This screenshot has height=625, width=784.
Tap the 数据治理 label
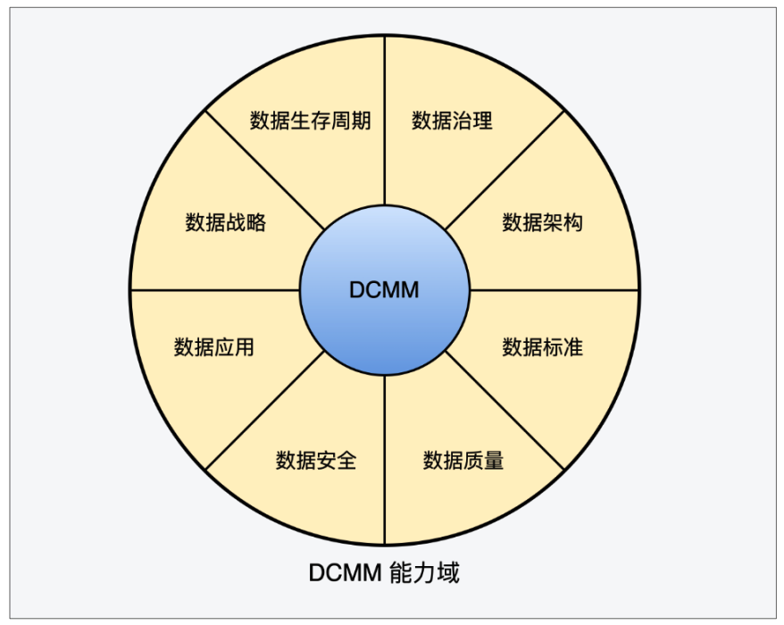(x=452, y=121)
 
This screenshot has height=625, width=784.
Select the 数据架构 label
(x=542, y=222)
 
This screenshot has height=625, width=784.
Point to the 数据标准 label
(x=542, y=346)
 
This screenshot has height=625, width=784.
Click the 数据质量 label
(x=463, y=460)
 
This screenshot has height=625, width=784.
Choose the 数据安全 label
(x=316, y=460)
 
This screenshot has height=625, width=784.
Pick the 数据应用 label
(x=214, y=346)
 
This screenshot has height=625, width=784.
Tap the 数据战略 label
(x=226, y=222)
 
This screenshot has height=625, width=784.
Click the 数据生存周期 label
(x=310, y=121)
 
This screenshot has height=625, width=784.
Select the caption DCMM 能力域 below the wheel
(x=384, y=572)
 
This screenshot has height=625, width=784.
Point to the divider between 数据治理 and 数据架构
(x=505, y=170)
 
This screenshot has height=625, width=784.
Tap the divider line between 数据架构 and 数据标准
(x=554, y=289)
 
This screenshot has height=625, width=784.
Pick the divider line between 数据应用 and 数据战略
(x=214, y=289)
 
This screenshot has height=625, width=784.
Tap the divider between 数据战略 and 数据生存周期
(x=265, y=170)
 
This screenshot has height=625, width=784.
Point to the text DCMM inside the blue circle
(x=384, y=290)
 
